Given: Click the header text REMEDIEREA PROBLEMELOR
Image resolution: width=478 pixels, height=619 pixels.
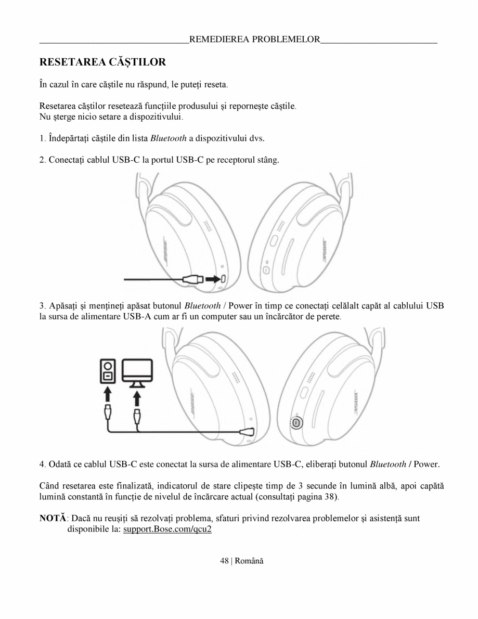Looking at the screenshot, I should click(x=254, y=40).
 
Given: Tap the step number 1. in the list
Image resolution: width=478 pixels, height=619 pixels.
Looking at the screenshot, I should click(x=43, y=138).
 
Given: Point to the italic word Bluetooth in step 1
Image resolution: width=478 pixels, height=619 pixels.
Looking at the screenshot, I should click(x=168, y=138).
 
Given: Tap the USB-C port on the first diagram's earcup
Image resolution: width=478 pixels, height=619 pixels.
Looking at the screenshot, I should click(x=224, y=279).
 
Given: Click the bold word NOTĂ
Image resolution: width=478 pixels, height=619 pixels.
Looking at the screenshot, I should click(x=53, y=518).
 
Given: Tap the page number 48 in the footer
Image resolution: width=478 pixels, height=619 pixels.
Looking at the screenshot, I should click(x=224, y=561).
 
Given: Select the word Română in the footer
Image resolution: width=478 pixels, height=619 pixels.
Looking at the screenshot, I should click(x=250, y=561).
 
